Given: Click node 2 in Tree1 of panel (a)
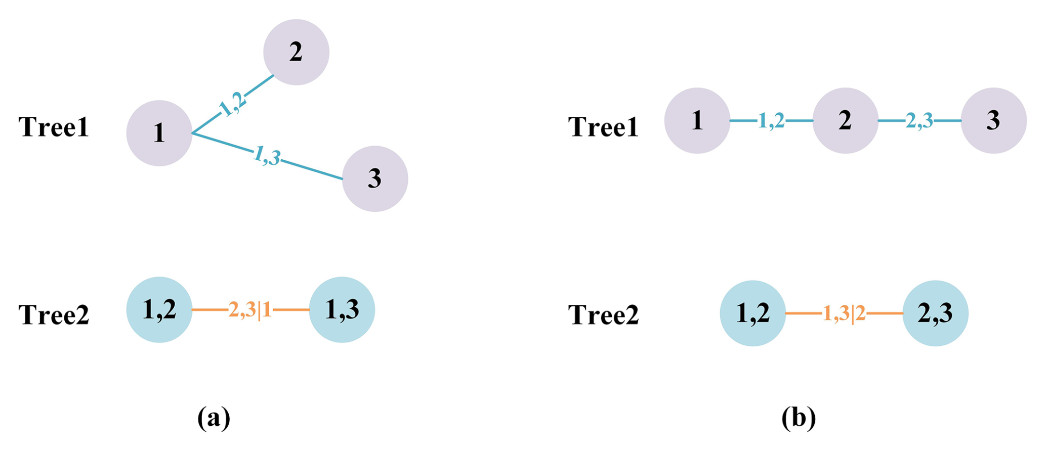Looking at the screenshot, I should point(296,52).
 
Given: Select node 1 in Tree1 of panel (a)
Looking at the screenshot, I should point(159,133).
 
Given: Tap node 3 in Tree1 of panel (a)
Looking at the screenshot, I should point(375,178).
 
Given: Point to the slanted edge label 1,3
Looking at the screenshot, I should point(267,156).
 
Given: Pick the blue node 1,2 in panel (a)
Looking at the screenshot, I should point(159,309).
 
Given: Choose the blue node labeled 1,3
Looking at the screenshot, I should point(342,309).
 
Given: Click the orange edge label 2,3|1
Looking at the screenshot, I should point(250,309).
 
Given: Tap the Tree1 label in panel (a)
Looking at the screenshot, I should point(54,127).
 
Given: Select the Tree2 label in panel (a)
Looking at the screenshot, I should point(54,314).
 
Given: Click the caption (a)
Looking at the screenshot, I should point(214,418).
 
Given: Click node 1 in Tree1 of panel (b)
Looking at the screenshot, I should point(697,120).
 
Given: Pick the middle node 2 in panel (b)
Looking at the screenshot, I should point(845,120).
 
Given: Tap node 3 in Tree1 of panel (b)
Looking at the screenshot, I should point(994,120).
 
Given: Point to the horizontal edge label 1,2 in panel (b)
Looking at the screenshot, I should point(771,120).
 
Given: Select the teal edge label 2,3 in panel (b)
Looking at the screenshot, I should point(919,120).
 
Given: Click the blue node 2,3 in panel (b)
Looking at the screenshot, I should point(935,313).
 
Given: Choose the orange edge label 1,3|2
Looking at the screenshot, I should point(844,313).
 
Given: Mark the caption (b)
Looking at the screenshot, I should point(799,418).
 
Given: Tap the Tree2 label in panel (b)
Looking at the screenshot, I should point(604,314).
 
